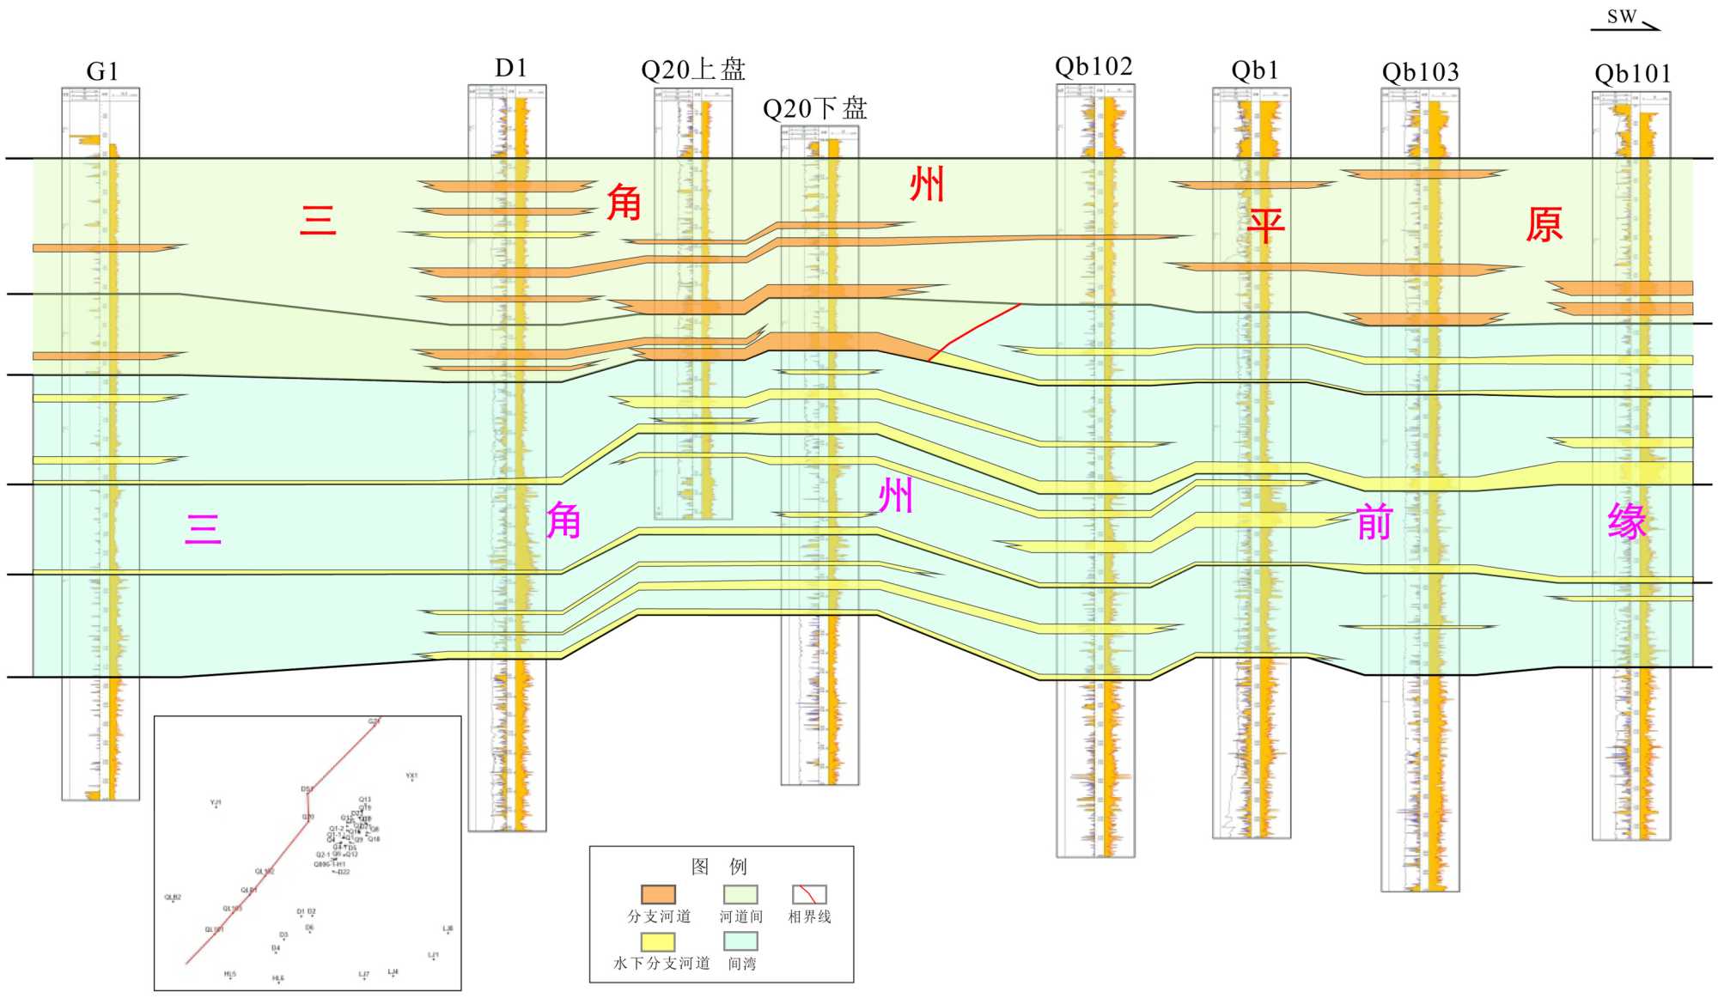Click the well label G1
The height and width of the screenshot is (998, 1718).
pos(102,71)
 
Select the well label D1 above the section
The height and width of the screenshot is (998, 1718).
pos(510,68)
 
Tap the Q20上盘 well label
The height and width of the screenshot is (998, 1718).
pos(692,70)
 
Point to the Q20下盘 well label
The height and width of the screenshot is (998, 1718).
pos(814,108)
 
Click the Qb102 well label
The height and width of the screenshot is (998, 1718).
pos(1094,67)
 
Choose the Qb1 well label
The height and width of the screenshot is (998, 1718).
pos(1254,70)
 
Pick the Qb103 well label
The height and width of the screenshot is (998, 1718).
pos(1420,72)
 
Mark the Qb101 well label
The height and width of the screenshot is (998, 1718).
pos(1632,74)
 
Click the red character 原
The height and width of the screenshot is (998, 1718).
pos(1544,225)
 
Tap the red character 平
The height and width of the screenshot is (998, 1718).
pos(1265,226)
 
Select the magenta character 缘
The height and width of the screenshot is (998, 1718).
pos(1627,521)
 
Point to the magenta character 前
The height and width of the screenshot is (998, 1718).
pos(1374,521)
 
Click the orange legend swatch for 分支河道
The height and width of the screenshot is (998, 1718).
pos(658,895)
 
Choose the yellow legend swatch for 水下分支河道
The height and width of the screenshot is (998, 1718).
pos(658,942)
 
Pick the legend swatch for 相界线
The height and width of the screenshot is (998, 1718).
pos(809,895)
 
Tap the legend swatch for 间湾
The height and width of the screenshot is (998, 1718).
pos(740,942)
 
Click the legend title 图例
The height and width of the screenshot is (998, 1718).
pos(719,866)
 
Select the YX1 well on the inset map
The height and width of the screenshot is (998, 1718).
pos(411,778)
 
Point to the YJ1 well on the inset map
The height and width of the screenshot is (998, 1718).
pos(216,805)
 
